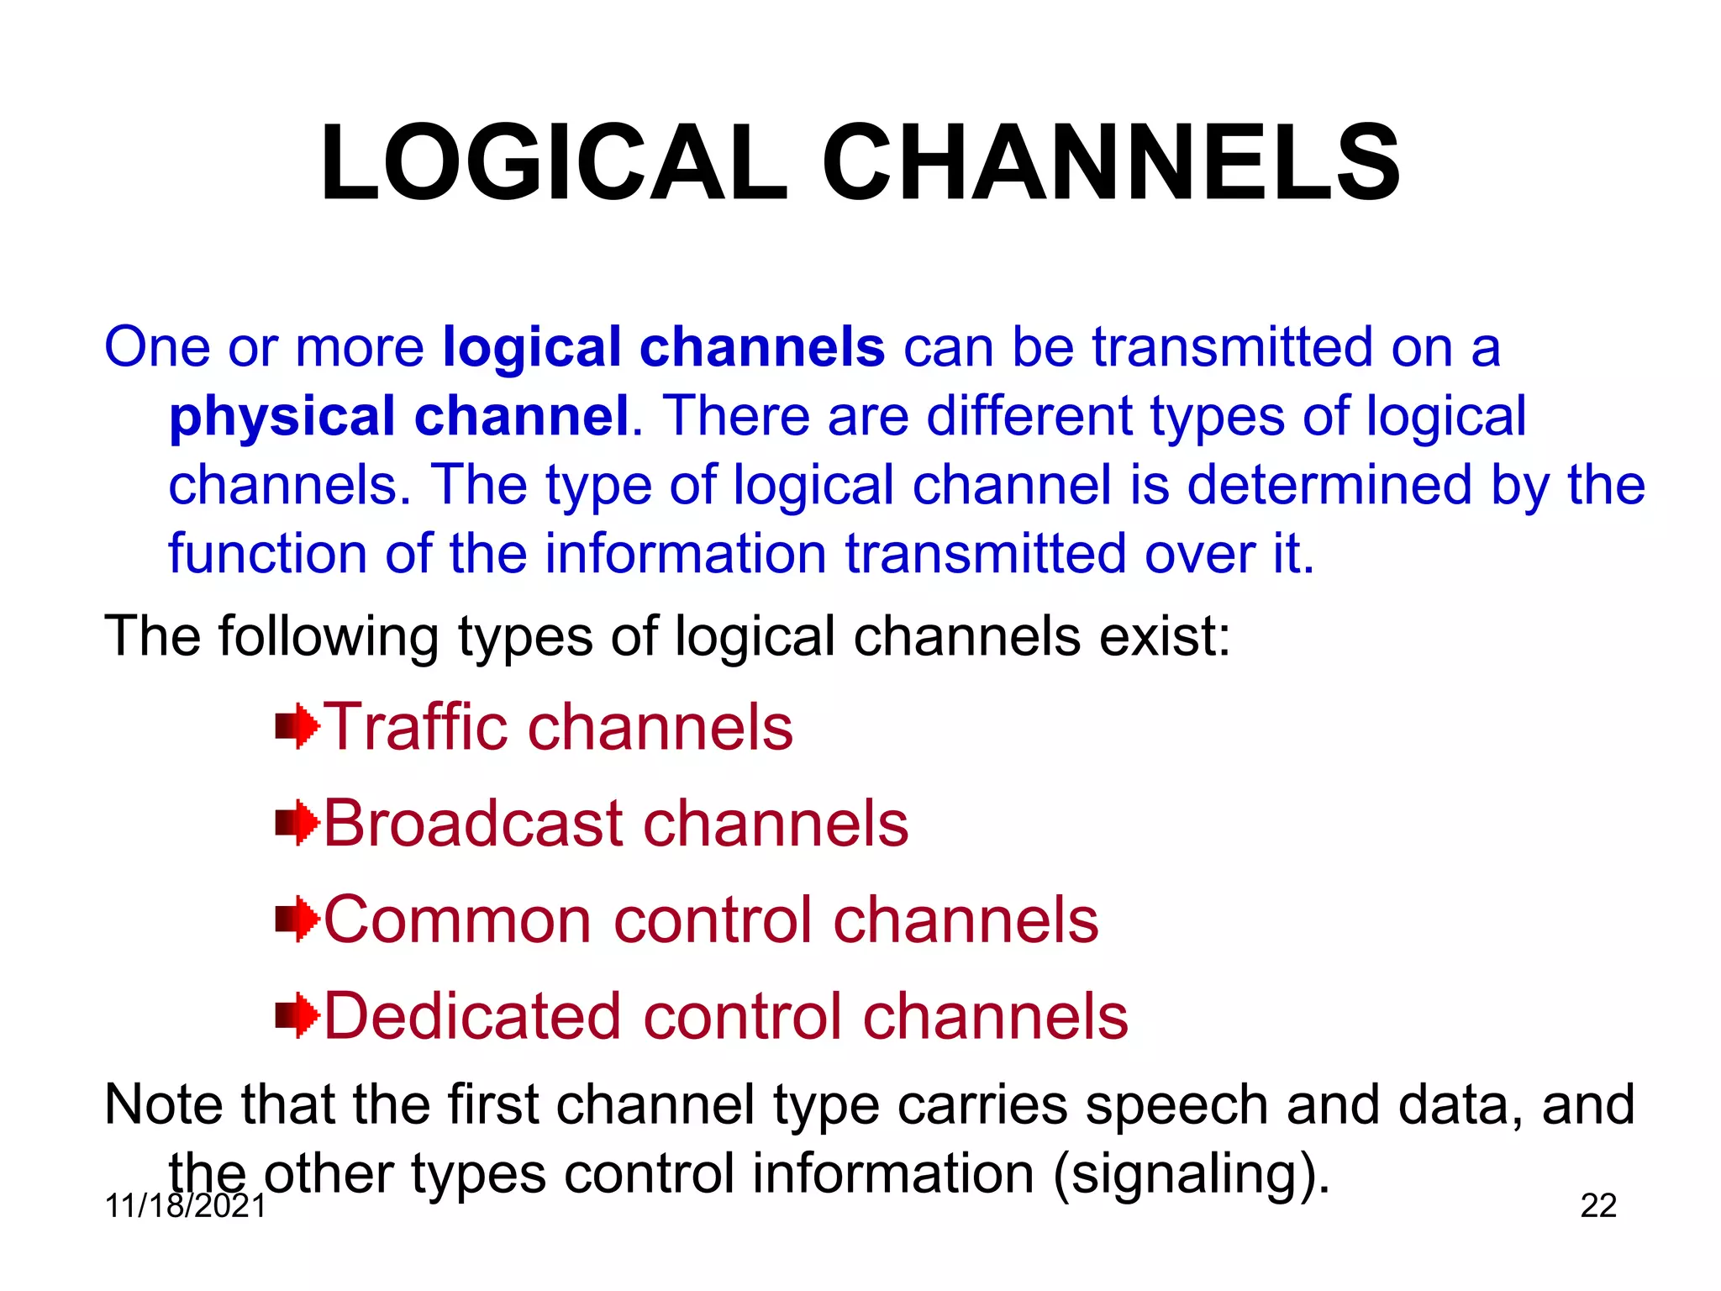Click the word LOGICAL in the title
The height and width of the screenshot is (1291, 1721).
[x=553, y=164]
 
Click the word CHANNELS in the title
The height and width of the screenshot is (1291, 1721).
[x=1111, y=164]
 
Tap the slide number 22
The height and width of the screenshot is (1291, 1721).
[x=1598, y=1206]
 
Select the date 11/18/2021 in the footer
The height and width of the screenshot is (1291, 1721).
[x=186, y=1206]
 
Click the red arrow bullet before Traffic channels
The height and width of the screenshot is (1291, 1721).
[x=297, y=727]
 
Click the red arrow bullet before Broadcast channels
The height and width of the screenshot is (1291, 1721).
[x=297, y=823]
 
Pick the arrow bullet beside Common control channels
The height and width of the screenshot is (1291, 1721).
[x=297, y=920]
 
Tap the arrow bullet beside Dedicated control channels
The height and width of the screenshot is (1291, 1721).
[x=297, y=1015]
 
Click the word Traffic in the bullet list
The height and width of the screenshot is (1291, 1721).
[x=415, y=727]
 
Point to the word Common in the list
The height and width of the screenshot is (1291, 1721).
[x=458, y=920]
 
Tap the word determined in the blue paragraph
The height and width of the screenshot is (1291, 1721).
[x=1329, y=485]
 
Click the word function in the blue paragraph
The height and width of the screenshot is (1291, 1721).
[x=267, y=554]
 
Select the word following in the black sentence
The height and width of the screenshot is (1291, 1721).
[x=329, y=636]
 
